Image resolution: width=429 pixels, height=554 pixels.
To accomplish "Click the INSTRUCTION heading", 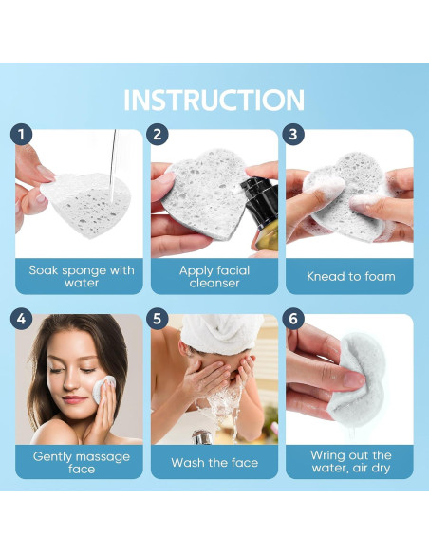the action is pyautogui.click(x=214, y=100).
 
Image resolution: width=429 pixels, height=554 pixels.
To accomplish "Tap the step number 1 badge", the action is pyautogui.click(x=21, y=135).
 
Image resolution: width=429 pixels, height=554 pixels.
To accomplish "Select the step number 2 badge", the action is pyautogui.click(x=158, y=135).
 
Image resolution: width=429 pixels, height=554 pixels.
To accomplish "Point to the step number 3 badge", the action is pyautogui.click(x=293, y=135).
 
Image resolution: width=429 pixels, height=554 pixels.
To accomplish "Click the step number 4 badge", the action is pyautogui.click(x=21, y=319).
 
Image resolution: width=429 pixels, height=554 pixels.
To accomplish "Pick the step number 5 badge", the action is pyautogui.click(x=158, y=319).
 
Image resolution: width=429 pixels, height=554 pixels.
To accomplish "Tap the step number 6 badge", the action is pyautogui.click(x=293, y=319).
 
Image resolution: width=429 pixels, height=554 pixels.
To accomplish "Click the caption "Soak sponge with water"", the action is pyautogui.click(x=82, y=277).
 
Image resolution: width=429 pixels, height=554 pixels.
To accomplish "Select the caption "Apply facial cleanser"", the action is pyautogui.click(x=214, y=277).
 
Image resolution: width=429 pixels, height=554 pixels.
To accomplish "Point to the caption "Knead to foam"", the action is pyautogui.click(x=351, y=276).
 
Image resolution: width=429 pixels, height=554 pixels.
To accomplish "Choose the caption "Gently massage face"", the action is pyautogui.click(x=82, y=463).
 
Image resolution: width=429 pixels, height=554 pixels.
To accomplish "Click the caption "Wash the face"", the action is pyautogui.click(x=214, y=463).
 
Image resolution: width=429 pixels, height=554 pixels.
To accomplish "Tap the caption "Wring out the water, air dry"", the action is pyautogui.click(x=351, y=461).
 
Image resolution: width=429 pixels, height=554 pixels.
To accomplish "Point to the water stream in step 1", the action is pyautogui.click(x=113, y=166).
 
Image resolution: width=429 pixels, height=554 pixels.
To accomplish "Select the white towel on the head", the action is pyautogui.click(x=223, y=333).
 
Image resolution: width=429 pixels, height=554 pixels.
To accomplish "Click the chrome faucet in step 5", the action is pyautogui.click(x=202, y=437).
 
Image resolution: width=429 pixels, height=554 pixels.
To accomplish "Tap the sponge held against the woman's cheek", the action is pyautogui.click(x=103, y=389).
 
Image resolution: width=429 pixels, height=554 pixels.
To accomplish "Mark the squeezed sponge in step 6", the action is pyautogui.click(x=358, y=379).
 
